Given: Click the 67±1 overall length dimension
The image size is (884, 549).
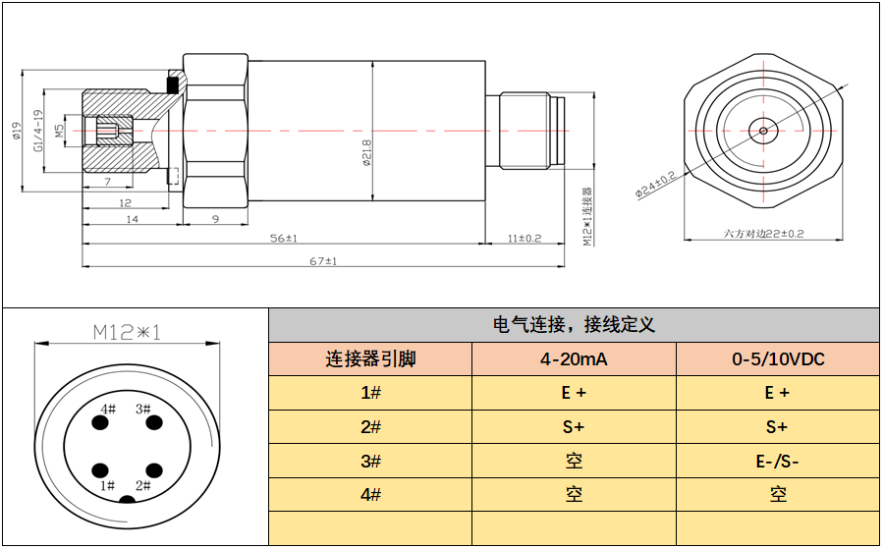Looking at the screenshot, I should point(323,261).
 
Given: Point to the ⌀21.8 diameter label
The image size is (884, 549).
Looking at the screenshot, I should point(366,153).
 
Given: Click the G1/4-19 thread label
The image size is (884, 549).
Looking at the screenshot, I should point(39,132).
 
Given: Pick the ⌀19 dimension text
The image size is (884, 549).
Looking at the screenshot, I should point(17,132).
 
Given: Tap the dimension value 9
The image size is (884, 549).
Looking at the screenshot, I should point(215,220).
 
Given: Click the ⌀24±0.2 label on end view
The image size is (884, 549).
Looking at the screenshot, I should point(655,184).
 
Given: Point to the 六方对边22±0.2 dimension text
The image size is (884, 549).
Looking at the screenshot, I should point(763,234).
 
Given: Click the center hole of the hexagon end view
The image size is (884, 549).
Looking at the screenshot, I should point(762,129).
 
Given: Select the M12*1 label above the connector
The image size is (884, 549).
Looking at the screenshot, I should point(126,332).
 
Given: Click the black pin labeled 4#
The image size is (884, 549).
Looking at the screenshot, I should point(100,424).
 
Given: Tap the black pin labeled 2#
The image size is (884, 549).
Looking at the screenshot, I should point(151,469).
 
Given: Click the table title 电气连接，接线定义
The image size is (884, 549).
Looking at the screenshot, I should point(574,325).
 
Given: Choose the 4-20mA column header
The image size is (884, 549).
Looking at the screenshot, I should point(574,359).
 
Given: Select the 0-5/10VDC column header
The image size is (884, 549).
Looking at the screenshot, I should point(778,359).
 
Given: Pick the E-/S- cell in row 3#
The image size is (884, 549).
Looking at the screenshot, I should point(778,461).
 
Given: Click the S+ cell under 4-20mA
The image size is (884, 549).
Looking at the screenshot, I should point(574,427).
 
